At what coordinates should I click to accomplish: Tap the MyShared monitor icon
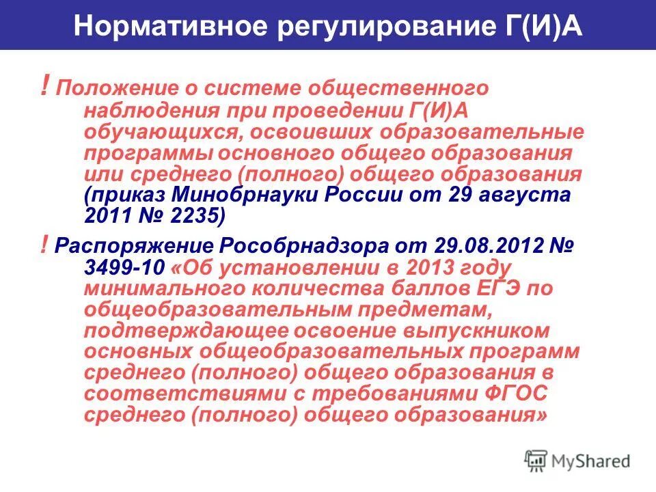click(x=536, y=460)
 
